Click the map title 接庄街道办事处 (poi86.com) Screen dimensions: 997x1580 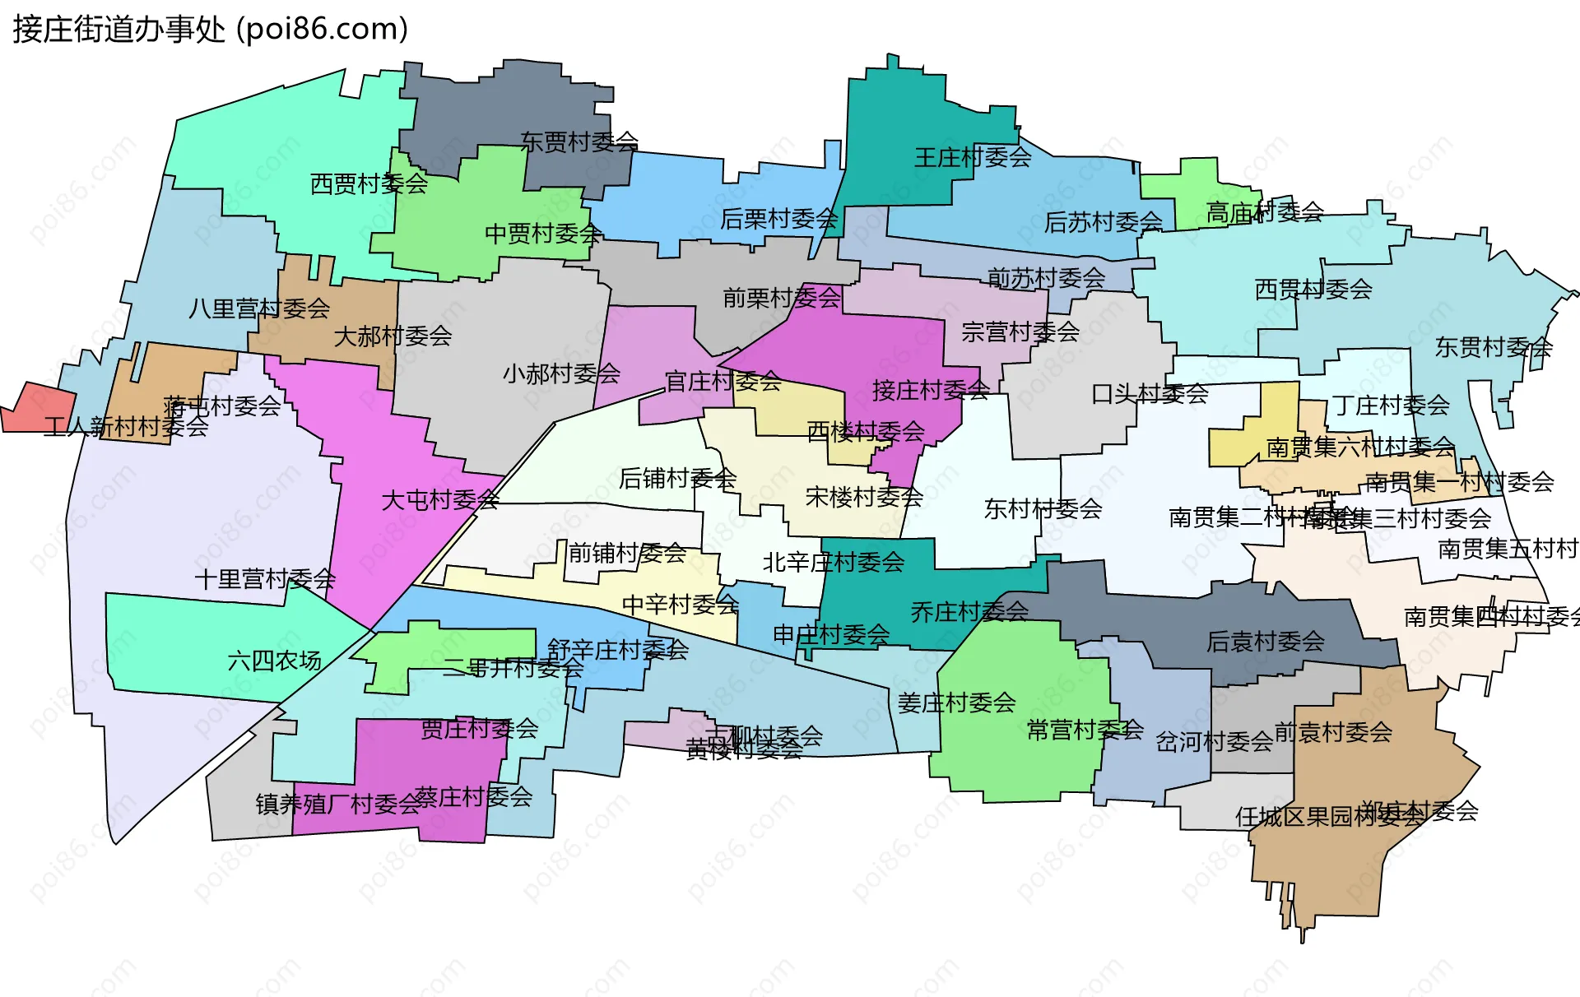211,30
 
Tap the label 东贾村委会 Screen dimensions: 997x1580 579,142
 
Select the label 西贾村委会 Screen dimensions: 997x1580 369,183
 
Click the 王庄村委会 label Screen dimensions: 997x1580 973,157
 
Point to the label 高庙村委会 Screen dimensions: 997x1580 1265,212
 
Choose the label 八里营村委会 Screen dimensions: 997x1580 259,308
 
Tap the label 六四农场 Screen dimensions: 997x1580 274,661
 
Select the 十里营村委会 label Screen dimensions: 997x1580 265,579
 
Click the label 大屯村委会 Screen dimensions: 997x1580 440,499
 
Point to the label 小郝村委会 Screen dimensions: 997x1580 561,373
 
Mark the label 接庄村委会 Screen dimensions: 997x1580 931,390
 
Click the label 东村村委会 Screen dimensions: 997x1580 1043,508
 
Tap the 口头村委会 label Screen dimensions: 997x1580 1150,394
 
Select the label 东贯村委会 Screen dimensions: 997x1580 1494,347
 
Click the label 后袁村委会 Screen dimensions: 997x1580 1266,641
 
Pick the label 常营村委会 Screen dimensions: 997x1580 1085,729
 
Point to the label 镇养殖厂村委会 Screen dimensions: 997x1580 338,804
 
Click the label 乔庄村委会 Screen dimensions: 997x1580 969,611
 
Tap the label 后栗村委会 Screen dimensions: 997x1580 778,219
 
